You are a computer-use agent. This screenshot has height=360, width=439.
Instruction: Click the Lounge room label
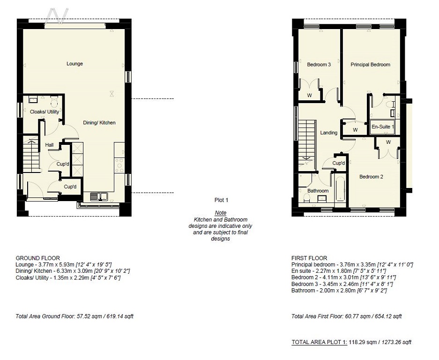point(74,64)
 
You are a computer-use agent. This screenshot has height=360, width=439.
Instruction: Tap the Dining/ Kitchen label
point(99,123)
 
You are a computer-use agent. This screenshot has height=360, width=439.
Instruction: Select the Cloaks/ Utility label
point(44,112)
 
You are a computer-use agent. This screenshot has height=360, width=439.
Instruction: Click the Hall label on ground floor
point(49,145)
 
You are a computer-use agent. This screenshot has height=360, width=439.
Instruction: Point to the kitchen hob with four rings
point(119,165)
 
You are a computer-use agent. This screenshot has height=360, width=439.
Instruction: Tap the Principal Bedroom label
point(370,65)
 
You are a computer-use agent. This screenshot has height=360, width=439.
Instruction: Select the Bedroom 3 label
point(319,65)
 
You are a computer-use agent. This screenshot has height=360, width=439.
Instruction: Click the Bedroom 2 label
point(371,177)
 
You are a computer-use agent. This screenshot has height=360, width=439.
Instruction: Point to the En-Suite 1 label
point(383,127)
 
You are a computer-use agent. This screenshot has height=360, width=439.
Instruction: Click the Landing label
point(328,133)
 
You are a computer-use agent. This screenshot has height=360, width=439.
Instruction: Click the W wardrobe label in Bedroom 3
point(310,95)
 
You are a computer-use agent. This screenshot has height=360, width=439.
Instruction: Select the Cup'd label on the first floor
point(339,163)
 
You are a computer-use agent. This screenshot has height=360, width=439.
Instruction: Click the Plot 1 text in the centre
point(220,200)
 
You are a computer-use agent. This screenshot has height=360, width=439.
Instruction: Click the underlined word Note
point(220,213)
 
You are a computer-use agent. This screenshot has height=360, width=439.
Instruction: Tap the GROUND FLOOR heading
point(37,258)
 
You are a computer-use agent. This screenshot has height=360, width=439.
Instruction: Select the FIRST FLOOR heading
point(309,258)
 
